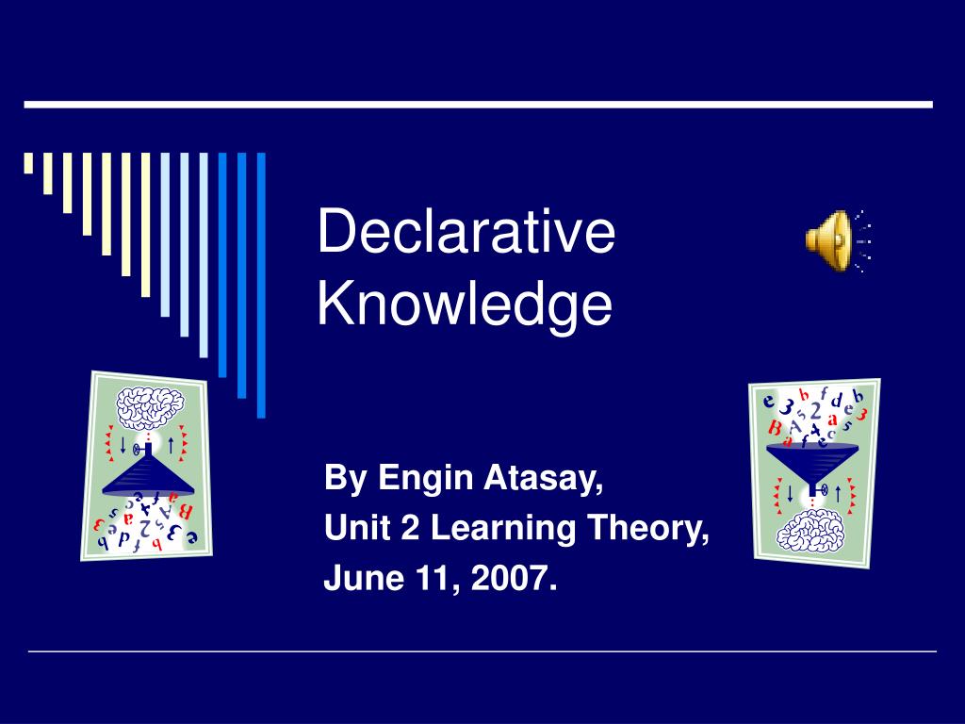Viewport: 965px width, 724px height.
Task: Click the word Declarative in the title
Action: (466, 233)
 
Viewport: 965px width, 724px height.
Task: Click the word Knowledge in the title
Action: (465, 303)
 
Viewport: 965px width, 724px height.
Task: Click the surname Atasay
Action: (544, 480)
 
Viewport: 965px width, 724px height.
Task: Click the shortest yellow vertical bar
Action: (28, 163)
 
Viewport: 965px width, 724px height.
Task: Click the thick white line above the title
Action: (478, 104)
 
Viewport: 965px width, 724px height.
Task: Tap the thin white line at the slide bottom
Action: (482, 651)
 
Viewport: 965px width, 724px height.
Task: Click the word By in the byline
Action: (341, 480)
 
